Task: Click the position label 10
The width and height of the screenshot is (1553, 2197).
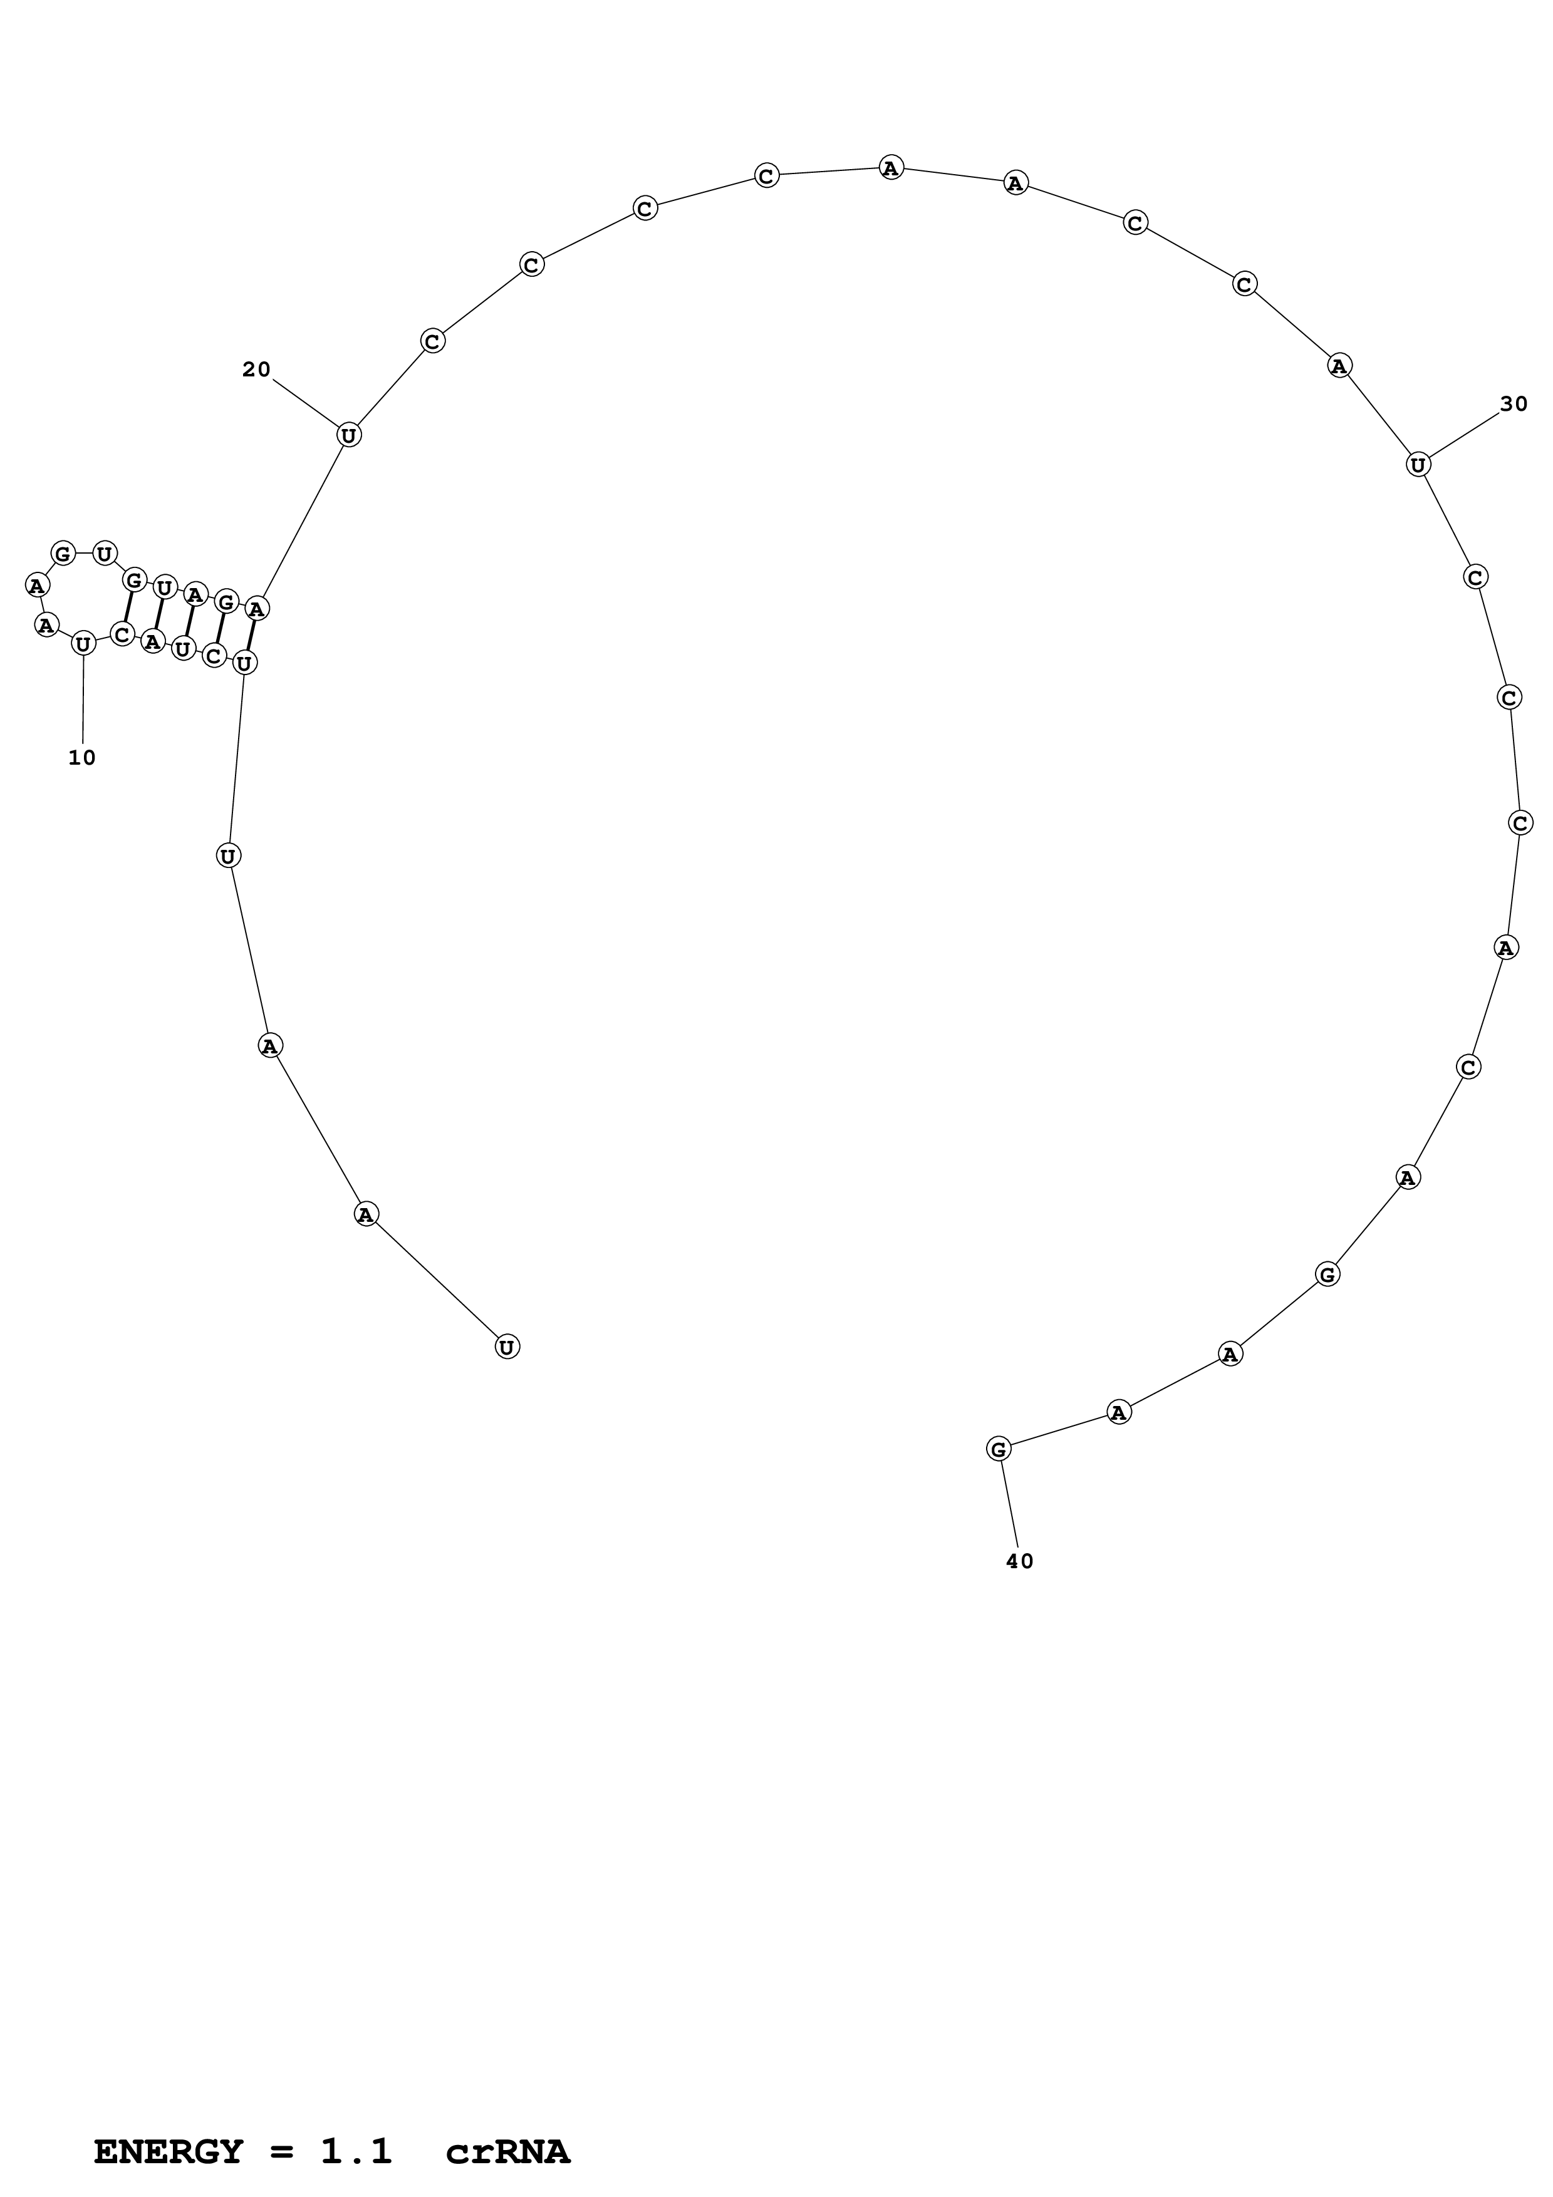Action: coord(82,758)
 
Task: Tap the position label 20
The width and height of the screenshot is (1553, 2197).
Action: coord(256,370)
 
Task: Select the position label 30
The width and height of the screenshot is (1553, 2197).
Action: coord(1514,405)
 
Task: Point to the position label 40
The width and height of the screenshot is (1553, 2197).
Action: coord(1020,1561)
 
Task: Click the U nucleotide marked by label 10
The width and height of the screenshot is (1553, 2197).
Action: coord(83,644)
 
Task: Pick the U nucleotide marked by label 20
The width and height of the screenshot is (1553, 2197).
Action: coord(350,435)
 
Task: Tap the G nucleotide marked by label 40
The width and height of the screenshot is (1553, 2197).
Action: coord(998,1449)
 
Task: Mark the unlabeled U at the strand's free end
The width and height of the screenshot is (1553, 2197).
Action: coord(507,1347)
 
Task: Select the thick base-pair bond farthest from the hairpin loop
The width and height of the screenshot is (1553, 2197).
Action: coord(251,634)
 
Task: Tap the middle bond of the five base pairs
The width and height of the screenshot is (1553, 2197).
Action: coord(189,621)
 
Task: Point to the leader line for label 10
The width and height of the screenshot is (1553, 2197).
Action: coord(83,698)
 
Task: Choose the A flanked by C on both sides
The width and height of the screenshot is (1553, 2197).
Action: coord(1506,948)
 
